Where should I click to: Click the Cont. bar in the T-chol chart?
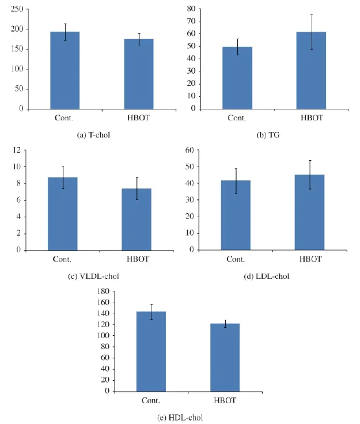(x=65, y=70)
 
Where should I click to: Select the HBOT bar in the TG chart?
(x=311, y=71)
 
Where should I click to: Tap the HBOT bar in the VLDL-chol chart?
(x=137, y=219)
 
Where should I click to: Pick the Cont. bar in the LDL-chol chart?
(x=236, y=215)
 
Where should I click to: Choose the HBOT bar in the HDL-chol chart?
(x=225, y=358)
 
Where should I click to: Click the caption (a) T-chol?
(x=93, y=135)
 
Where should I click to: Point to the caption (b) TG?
(x=268, y=135)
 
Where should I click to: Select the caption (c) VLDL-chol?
(x=93, y=277)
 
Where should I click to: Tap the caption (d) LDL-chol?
(x=267, y=277)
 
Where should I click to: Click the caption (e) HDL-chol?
(x=180, y=418)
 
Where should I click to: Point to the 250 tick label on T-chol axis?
(x=17, y=9)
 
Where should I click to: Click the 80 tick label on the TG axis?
(x=191, y=9)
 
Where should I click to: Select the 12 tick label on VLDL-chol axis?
(x=17, y=150)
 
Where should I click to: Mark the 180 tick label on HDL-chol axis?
(x=103, y=291)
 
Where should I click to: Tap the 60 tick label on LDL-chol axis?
(x=190, y=150)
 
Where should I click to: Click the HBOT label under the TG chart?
(x=312, y=118)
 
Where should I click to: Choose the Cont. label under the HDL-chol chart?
(x=151, y=400)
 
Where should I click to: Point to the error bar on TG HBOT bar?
(x=312, y=32)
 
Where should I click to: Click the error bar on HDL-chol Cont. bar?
(x=151, y=312)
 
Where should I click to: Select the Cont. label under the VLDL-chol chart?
(x=62, y=259)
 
